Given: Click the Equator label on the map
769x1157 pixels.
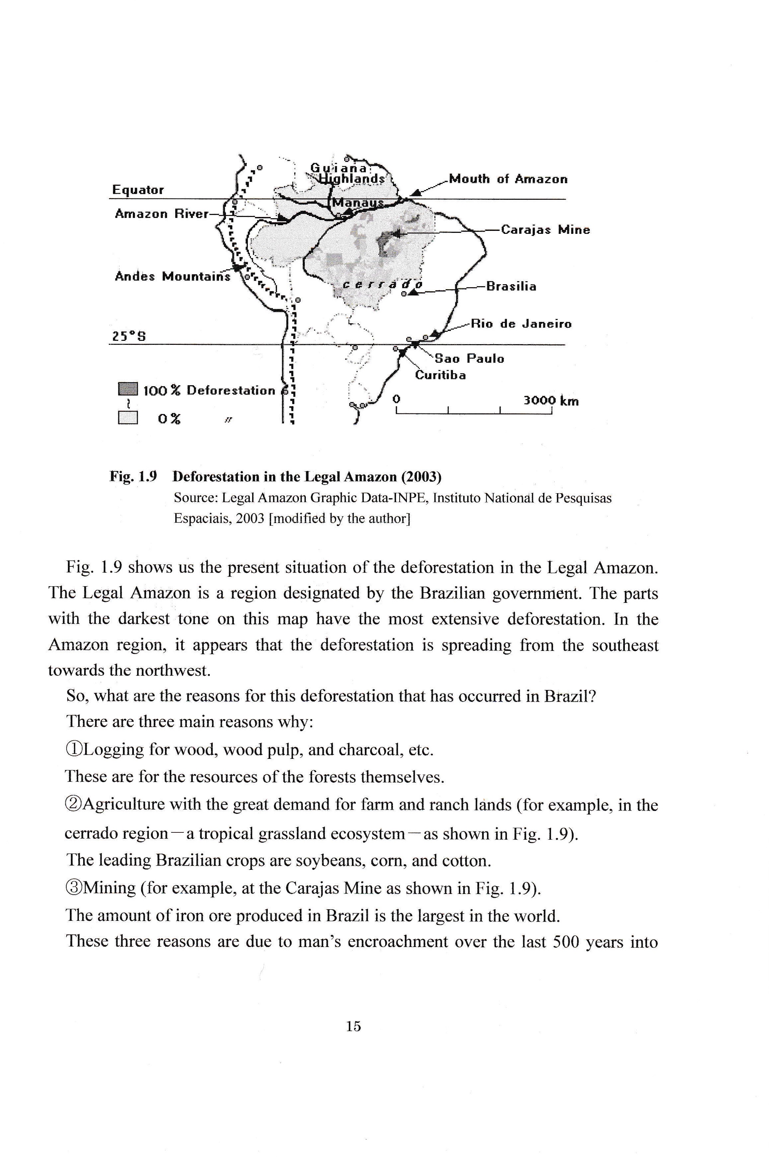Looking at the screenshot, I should (x=138, y=190).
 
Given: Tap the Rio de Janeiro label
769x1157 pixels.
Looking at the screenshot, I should (x=521, y=324).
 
